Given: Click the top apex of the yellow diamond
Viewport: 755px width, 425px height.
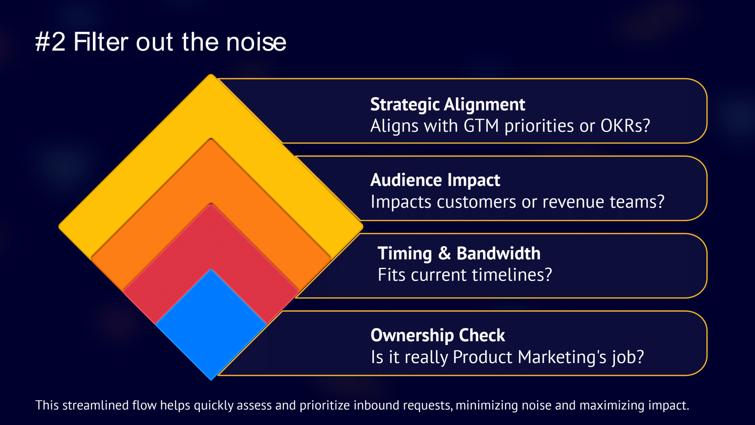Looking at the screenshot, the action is [211, 74].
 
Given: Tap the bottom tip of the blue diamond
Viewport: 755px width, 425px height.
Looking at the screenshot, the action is [211, 380].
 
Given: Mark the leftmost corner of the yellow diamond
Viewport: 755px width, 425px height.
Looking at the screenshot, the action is [59, 227].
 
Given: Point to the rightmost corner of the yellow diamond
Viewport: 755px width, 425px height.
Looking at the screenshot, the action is [363, 227].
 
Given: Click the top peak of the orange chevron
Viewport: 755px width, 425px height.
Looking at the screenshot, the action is [211, 139].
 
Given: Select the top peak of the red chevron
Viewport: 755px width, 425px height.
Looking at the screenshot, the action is [211, 204].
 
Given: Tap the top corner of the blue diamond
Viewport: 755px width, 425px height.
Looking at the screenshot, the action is [211, 269].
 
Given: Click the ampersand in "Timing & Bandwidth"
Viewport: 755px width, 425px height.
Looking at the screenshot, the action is [444, 253].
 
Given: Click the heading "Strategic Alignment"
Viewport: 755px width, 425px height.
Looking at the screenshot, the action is [447, 105].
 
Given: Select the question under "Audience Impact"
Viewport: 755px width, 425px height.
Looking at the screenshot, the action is [517, 202].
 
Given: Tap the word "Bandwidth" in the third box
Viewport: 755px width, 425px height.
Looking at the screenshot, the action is [498, 253].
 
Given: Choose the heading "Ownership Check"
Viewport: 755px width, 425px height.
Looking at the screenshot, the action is [438, 335].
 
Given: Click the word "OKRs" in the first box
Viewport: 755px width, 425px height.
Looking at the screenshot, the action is [621, 126].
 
